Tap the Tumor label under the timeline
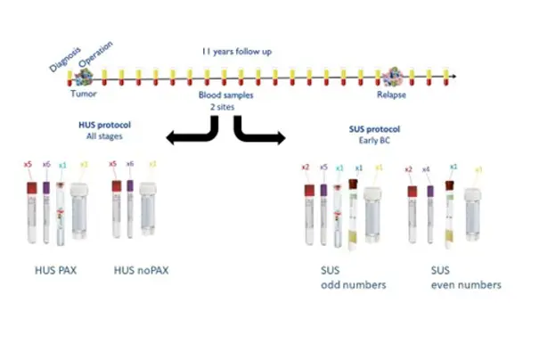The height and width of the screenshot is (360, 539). coord(83,93)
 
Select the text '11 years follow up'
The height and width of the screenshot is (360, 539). coord(236,52)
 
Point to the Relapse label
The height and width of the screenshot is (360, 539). coord(400,93)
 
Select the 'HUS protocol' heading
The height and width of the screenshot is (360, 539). coord(105,126)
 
